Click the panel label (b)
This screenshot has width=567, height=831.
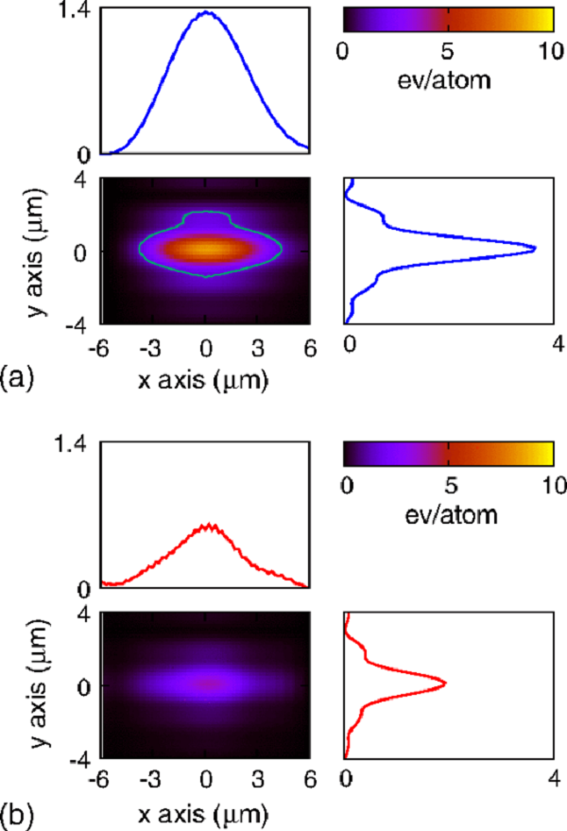point(19,815)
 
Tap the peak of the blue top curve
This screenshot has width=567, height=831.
point(207,12)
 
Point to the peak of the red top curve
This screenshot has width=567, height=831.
point(210,525)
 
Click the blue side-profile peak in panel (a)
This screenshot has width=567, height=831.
point(535,249)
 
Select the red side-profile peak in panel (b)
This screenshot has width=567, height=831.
point(444,683)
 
